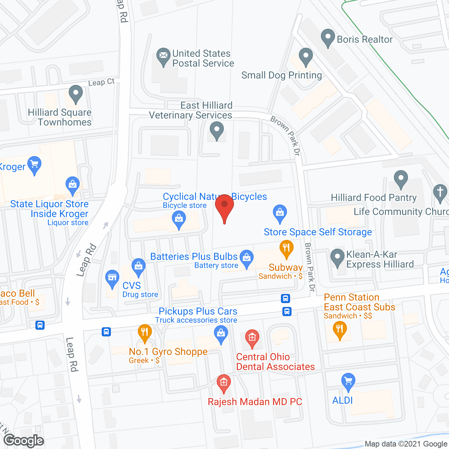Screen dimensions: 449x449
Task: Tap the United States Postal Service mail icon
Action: point(163,56)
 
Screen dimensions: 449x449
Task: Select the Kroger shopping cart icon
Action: point(34,164)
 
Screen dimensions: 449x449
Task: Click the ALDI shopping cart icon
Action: point(348,381)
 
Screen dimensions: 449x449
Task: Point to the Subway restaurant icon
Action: point(287,248)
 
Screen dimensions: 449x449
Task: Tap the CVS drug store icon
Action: point(112,278)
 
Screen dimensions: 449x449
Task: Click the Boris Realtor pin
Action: point(328,37)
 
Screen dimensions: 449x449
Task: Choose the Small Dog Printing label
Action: point(281,75)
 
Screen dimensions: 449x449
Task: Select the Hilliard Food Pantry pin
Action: point(401,179)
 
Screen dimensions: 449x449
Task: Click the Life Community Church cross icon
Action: point(440,193)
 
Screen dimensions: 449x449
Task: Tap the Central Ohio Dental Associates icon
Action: point(252,338)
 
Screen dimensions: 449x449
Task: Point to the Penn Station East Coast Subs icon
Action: point(340,330)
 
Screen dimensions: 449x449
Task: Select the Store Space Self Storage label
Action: point(318,232)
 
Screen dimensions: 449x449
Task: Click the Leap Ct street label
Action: point(101,82)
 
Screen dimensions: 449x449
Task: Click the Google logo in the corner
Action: point(24,441)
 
